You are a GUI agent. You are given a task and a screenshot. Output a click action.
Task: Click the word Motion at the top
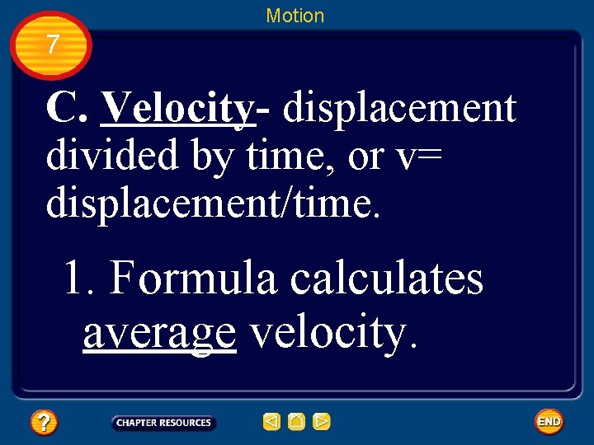point(295,16)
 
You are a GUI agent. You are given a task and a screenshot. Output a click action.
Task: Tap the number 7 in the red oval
point(53,44)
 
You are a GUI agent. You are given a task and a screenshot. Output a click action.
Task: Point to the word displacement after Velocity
point(398,108)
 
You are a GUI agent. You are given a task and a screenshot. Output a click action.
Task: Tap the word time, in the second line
point(292,155)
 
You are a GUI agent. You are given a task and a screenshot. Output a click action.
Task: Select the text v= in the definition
point(417,157)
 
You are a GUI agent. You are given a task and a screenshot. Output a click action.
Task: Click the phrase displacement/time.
point(213,202)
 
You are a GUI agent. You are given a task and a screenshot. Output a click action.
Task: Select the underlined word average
point(159,333)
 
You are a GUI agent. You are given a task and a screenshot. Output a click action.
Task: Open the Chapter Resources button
point(163,423)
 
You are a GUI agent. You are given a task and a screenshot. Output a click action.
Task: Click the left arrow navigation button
point(271,423)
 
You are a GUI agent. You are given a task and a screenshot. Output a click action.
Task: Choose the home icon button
point(296,423)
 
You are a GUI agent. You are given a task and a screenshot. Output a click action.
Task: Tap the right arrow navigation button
point(322,423)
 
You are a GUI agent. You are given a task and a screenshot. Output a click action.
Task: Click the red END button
point(549,422)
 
